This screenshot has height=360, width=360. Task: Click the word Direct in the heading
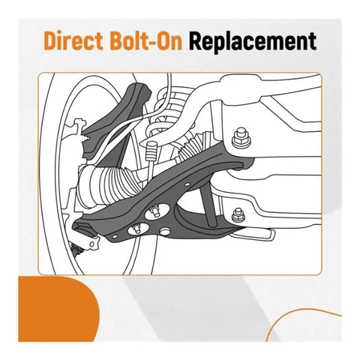click(x=73, y=41)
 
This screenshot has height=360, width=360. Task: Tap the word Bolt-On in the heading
click(x=145, y=41)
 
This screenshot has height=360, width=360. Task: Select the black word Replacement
click(x=253, y=42)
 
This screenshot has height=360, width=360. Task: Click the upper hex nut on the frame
click(x=241, y=138)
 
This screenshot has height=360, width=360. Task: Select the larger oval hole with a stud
click(x=157, y=211)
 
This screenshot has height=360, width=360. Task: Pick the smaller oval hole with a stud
click(x=138, y=229)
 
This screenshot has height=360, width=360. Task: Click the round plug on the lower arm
click(x=165, y=232)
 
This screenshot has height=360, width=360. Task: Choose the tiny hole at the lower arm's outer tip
click(x=115, y=236)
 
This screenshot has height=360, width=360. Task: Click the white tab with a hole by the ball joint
click(x=91, y=243)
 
